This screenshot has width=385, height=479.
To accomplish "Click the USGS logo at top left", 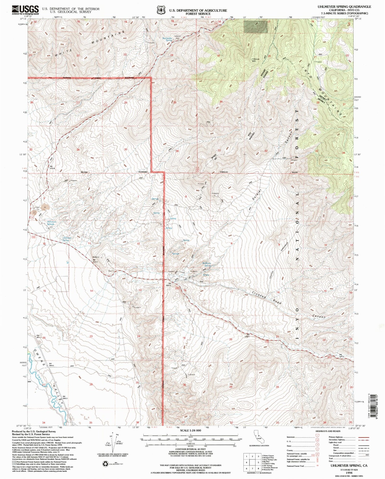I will click(x=25, y=10).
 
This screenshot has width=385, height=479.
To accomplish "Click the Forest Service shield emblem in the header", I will click(x=161, y=10).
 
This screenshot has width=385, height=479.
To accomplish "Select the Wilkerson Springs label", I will click(x=52, y=223).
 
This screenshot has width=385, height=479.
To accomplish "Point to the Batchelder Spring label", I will click(x=168, y=39).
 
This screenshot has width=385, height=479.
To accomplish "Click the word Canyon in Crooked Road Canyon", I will click(x=319, y=317).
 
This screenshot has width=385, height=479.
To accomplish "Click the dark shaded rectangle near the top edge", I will click(x=255, y=27).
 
